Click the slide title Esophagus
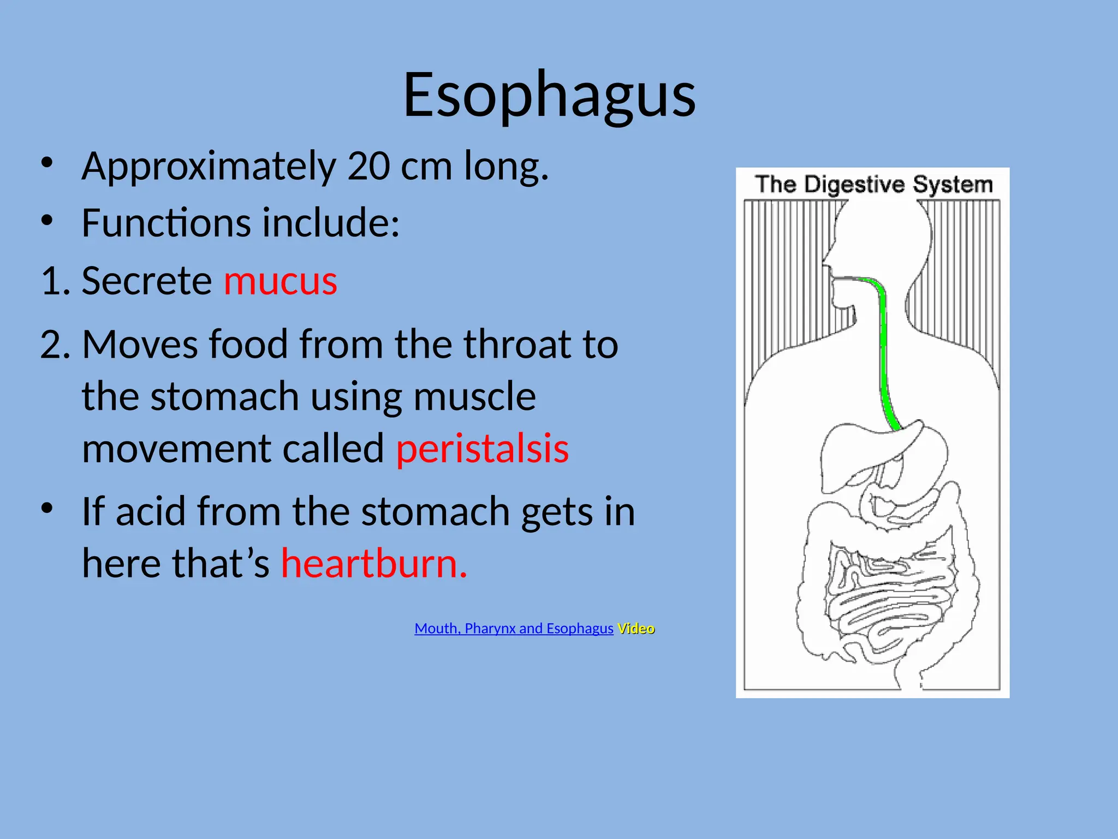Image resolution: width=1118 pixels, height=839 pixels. pyautogui.click(x=549, y=96)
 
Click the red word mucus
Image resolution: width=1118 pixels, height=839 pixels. pyautogui.click(x=280, y=281)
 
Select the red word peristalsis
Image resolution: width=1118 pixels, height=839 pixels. pyautogui.click(x=483, y=449)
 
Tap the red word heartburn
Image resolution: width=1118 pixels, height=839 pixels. pyautogui.click(x=374, y=563)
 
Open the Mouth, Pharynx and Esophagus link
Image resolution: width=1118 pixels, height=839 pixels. pyautogui.click(x=514, y=629)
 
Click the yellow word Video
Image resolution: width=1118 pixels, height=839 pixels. pyautogui.click(x=636, y=629)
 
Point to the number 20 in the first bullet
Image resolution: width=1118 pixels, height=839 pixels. pyautogui.click(x=368, y=166)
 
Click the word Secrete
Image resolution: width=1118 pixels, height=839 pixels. pyautogui.click(x=146, y=281)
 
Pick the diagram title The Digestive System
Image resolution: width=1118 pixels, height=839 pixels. pyautogui.click(x=873, y=185)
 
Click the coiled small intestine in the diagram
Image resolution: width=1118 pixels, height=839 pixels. pyautogui.click(x=890, y=601)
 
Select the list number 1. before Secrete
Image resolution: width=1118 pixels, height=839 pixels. pyautogui.click(x=55, y=281)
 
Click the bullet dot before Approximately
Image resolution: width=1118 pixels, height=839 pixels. pyautogui.click(x=47, y=163)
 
